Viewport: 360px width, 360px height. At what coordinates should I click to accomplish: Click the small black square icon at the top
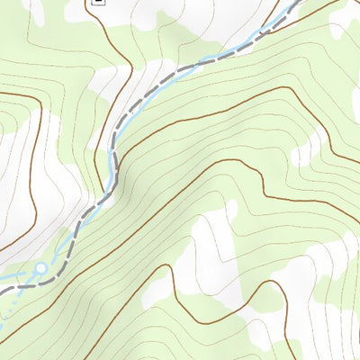(98, 3)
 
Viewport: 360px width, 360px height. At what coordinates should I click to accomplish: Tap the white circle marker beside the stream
(40, 267)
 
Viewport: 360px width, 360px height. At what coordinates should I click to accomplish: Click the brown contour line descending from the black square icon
(127, 54)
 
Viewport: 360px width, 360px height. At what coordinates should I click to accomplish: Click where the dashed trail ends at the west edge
(3, 290)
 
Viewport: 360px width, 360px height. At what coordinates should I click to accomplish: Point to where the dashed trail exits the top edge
(296, 3)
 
